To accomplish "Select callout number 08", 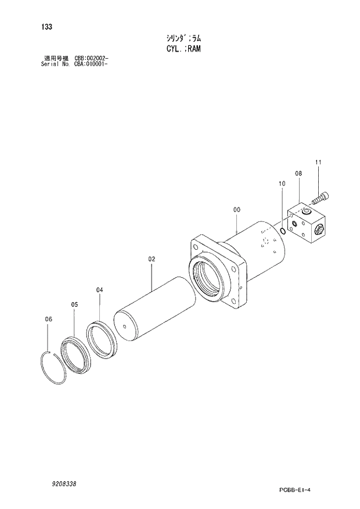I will pyautogui.click(x=298, y=173).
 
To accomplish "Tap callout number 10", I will pyautogui.click(x=282, y=184).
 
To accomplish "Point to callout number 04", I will pyautogui.click(x=99, y=289).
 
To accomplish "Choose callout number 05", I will pyautogui.click(x=74, y=304).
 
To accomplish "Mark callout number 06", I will pyautogui.click(x=49, y=319).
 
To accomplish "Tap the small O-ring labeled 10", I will pyautogui.click(x=282, y=231).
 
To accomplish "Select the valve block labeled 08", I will pyautogui.click(x=307, y=225).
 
